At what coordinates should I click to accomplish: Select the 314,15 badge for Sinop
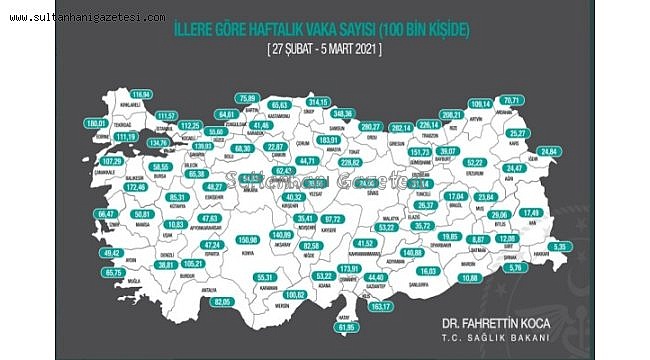pos(319,102)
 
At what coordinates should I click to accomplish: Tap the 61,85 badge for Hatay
pos(345,327)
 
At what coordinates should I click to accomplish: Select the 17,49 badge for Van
pos(530,213)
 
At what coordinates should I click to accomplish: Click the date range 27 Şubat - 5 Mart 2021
pos(324,48)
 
